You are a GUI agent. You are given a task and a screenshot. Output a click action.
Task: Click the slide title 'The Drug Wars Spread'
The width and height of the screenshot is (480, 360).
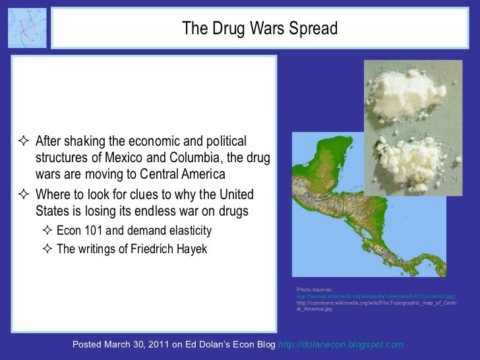pos(259,29)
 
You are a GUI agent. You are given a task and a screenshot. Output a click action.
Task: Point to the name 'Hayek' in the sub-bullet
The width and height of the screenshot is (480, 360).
pos(189,249)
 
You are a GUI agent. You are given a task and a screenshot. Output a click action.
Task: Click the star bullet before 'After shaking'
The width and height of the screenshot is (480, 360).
pos(25,142)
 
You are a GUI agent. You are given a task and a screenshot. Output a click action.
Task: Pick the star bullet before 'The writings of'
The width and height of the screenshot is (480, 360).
pos(47,249)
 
